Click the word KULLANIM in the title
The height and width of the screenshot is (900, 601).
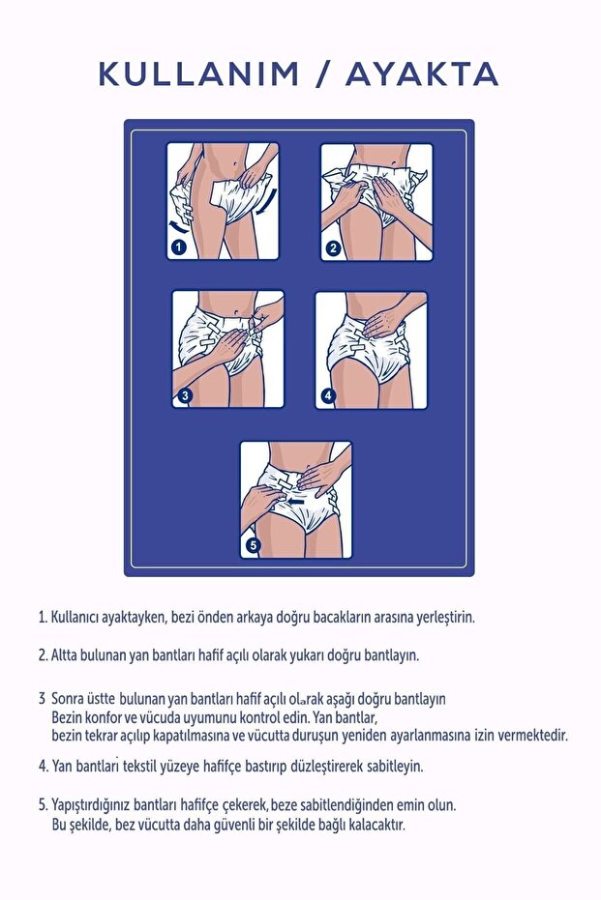199,73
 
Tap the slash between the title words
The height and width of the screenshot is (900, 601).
320,73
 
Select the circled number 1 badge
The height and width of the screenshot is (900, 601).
178,247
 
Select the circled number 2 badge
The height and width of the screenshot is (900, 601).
333,247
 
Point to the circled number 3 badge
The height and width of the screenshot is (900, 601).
185,395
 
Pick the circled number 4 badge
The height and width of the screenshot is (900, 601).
328,395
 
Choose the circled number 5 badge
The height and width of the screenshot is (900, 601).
254,545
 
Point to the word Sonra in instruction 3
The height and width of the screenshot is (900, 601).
70,698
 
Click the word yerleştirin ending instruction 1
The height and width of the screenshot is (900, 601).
440,616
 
